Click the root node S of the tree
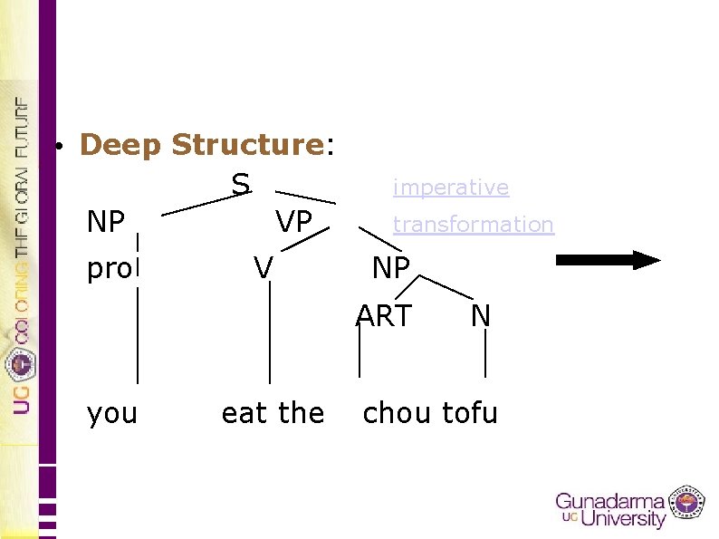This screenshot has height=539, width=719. [240, 184]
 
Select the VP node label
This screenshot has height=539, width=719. [294, 221]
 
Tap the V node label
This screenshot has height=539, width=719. [263, 267]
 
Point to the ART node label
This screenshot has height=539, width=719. [384, 315]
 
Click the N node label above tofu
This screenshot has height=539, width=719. [480, 315]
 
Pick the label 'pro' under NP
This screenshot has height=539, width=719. [109, 269]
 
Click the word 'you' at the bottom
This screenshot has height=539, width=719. [112, 413]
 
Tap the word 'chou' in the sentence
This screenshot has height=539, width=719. [397, 413]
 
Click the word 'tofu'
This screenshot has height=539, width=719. [470, 413]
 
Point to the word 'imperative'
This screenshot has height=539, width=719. [450, 188]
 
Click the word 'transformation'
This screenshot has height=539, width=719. [473, 224]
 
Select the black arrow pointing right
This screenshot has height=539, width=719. [608, 260]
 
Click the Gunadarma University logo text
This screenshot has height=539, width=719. [612, 509]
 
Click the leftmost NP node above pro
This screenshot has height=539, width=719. [106, 221]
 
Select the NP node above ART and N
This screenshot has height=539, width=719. [391, 267]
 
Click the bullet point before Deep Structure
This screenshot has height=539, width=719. [56, 146]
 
